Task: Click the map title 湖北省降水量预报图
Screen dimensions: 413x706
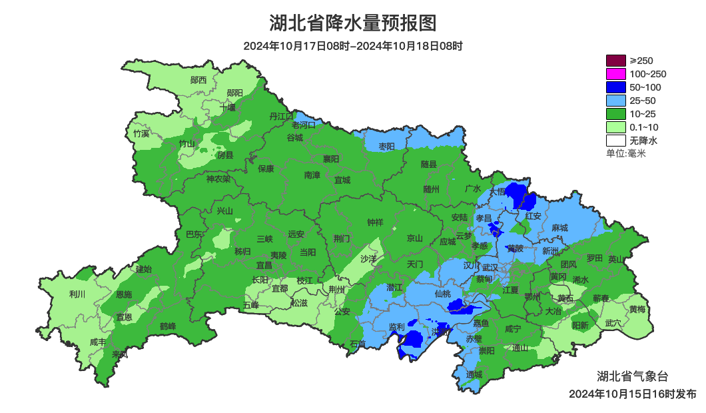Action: tap(353, 23)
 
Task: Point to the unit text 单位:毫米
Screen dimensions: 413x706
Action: tap(626, 154)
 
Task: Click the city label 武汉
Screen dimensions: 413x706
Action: tap(490, 266)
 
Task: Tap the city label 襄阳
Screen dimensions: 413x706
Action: tap(331, 159)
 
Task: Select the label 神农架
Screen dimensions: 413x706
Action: tap(218, 179)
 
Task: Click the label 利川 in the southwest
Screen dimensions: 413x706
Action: tap(77, 294)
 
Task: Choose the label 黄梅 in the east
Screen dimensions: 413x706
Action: tap(637, 309)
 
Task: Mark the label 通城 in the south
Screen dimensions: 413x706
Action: tap(474, 374)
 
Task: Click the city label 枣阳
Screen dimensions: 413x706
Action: tap(386, 146)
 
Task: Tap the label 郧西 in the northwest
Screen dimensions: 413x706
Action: tap(198, 80)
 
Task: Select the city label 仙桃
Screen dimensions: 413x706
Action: tap(442, 294)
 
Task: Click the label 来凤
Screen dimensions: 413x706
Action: tap(120, 354)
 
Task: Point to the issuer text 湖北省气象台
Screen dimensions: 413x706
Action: tap(629, 375)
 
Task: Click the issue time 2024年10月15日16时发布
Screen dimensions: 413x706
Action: tap(632, 394)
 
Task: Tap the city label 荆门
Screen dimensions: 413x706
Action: tap(342, 238)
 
